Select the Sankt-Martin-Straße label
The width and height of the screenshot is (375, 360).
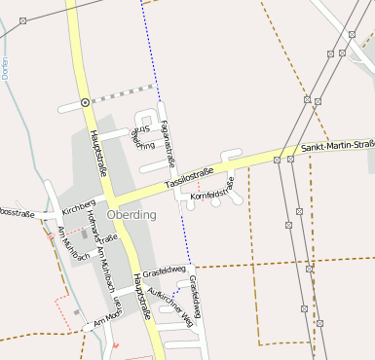click(337, 147)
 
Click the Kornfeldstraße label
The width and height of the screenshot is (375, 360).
click(212, 190)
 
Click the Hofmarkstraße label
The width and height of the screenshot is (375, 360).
click(100, 226)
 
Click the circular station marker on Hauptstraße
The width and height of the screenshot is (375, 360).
click(86, 101)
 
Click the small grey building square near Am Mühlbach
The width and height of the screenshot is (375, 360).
click(82, 234)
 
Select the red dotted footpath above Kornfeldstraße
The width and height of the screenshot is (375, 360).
click(199, 184)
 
